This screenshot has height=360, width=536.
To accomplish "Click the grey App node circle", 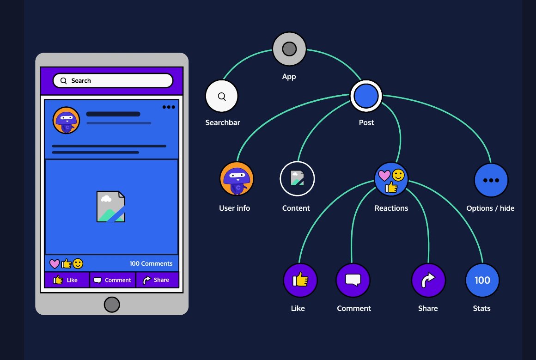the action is pos(289,49).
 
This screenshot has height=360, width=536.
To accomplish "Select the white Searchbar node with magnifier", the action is pos(222,96).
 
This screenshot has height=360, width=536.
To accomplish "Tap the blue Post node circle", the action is pos(366,96).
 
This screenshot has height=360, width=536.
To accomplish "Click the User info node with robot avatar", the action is pos(237,179).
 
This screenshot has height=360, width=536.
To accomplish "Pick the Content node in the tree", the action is pos(297,179).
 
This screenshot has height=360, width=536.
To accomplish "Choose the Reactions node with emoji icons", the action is pos(391,179).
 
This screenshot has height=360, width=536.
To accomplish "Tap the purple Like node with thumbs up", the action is pos(300,280).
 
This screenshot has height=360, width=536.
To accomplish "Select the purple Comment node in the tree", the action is pos(353,280).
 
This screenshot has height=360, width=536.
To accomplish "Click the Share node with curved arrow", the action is pos(428,280).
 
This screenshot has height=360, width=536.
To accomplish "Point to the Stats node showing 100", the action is pos(482,280).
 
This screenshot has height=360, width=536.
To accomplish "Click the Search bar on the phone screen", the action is pos(113,80).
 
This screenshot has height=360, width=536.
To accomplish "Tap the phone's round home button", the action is pos(112,305).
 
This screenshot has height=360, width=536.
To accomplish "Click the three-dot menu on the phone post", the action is pos(169,107).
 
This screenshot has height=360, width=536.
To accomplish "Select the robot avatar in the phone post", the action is pos(66,120).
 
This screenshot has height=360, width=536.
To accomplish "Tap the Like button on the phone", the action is pos(67,280).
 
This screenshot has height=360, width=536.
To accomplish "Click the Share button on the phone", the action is pos(157,280).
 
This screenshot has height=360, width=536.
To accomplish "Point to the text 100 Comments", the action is pos(151,263).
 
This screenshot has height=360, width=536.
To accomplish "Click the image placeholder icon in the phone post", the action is pos(111,207).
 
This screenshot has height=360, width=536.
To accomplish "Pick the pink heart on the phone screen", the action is pos(55,264).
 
